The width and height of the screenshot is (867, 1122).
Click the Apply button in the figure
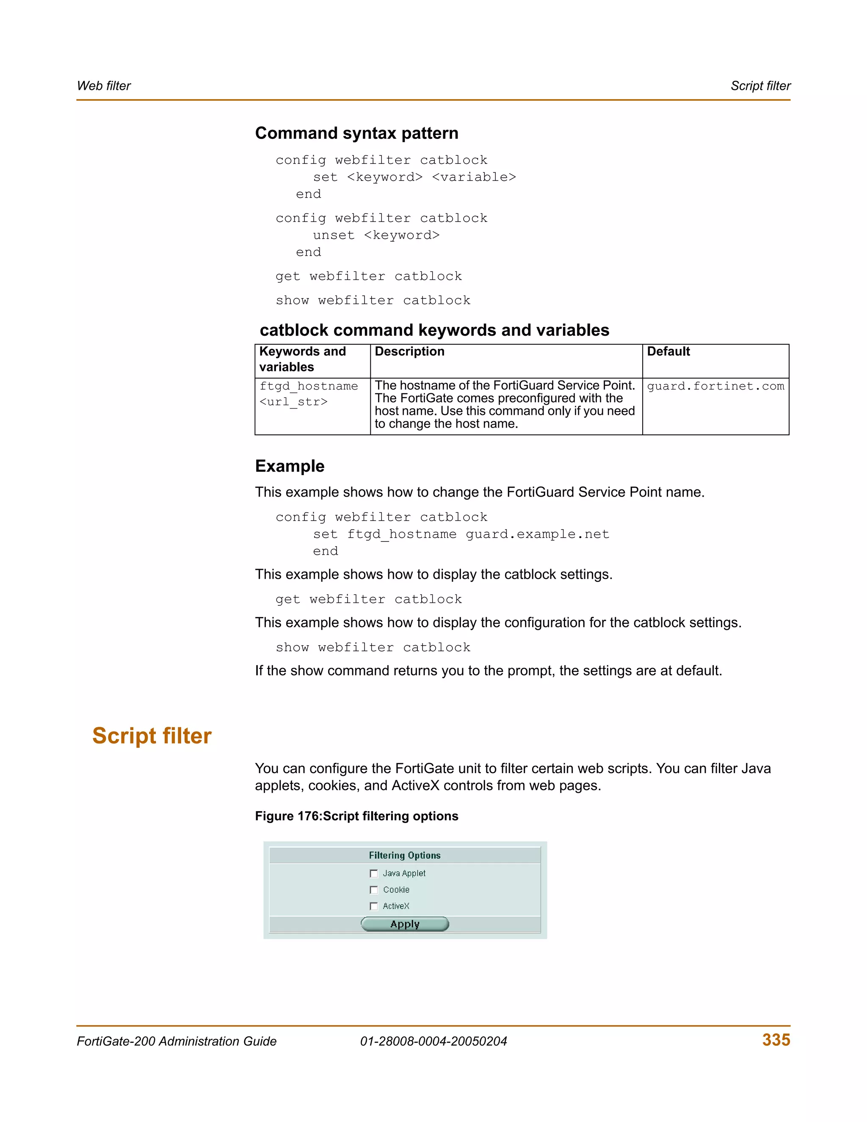pos(405,924)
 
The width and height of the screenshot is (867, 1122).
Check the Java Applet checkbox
pos(374,873)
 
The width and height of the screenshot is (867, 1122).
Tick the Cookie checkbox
pos(374,890)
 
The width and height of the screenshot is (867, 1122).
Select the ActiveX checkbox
pos(374,906)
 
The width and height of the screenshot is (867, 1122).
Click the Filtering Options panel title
pos(405,855)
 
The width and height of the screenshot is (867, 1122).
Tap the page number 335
pos(776,1040)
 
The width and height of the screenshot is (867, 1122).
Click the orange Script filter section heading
pos(152,736)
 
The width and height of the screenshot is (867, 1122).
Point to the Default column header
pos(668,351)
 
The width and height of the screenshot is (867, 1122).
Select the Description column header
pos(409,351)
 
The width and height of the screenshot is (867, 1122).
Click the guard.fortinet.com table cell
pos(715,386)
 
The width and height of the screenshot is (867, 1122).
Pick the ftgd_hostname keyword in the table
pos(308,386)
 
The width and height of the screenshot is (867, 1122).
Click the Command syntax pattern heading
pos(356,133)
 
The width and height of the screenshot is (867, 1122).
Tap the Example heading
pos(290,466)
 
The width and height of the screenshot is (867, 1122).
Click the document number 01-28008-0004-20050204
pos(433,1042)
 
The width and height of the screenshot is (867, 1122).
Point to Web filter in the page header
pos(104,86)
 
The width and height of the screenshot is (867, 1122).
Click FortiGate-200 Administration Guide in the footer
pos(177,1042)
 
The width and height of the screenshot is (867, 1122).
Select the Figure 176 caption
pos(356,816)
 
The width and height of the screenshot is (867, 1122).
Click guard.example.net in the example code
pos(537,534)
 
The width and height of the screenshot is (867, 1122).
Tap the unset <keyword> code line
pos(376,235)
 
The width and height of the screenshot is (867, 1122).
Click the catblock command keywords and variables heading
pos(434,330)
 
